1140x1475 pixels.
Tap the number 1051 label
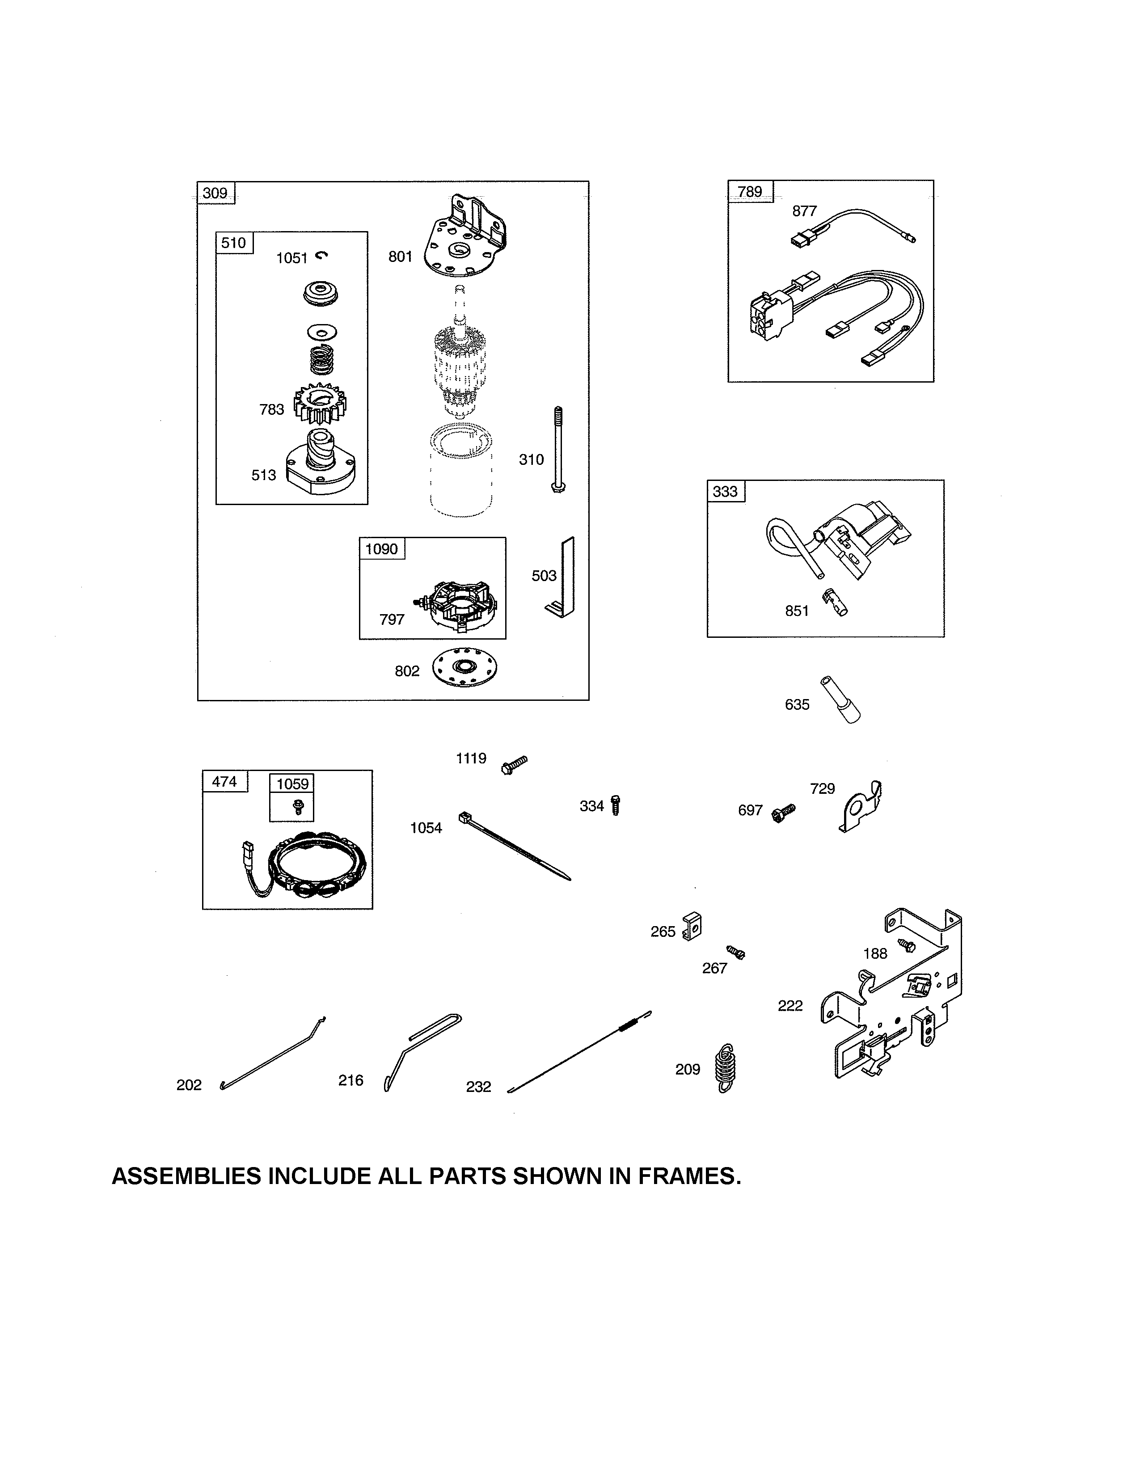pyautogui.click(x=292, y=258)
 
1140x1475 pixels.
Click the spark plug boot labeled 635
pyautogui.click(x=840, y=700)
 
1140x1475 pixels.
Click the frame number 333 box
pyautogui.click(x=725, y=491)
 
